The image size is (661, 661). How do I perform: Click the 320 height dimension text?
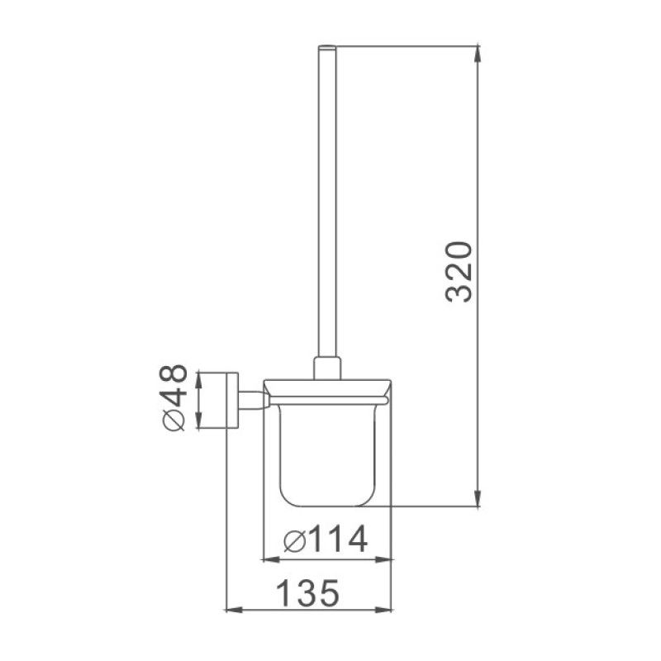pos(457,272)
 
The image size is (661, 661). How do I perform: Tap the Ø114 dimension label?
pos(324,541)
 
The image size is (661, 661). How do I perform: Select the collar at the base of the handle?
pos(326,366)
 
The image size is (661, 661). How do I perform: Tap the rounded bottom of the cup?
pos(326,500)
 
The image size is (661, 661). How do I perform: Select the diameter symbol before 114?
pos(294,541)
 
